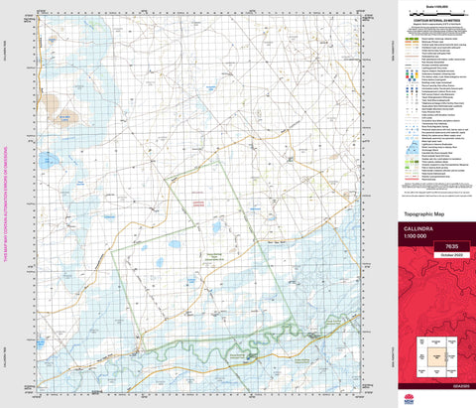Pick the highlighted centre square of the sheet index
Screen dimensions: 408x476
[x=434, y=353]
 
